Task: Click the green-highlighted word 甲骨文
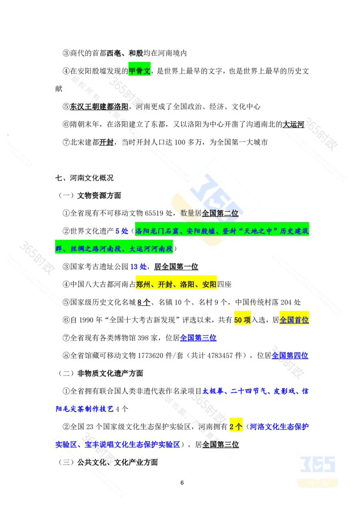click(140, 71)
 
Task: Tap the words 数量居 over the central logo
click(191, 213)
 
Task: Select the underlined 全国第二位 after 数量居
click(220, 213)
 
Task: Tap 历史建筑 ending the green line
click(295, 232)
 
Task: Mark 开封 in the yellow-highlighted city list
click(166, 285)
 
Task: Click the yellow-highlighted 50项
click(242, 320)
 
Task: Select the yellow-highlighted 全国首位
click(293, 320)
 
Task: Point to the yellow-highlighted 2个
click(236, 427)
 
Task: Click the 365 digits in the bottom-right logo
click(318, 464)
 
